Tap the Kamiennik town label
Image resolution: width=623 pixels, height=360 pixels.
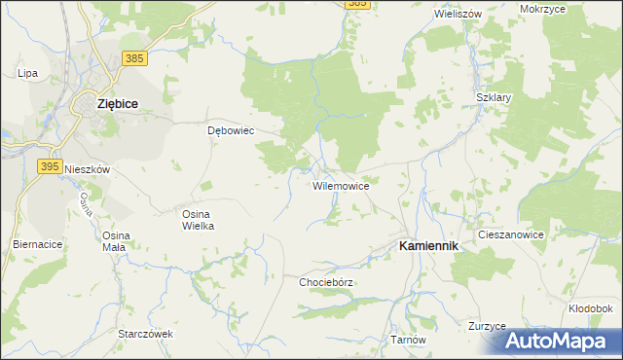click(428, 247)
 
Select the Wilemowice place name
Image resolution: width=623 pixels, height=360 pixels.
click(340, 185)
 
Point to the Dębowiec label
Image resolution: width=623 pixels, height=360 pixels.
click(231, 130)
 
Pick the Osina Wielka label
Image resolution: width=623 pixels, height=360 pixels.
click(199, 219)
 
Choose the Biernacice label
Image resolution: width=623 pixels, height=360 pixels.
click(37, 244)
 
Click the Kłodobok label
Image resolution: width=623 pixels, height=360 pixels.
click(590, 308)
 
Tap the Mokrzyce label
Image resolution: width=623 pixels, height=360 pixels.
click(569, 9)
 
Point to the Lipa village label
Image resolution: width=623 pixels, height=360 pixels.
click(27, 73)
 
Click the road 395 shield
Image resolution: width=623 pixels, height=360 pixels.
click(52, 166)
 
